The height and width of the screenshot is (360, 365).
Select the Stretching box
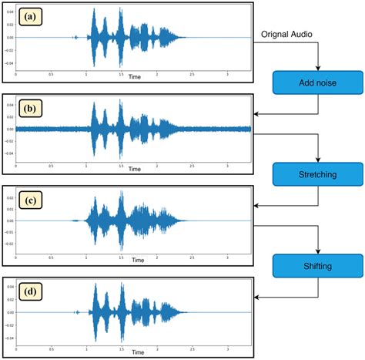(316, 175)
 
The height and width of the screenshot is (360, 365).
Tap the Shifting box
(316, 267)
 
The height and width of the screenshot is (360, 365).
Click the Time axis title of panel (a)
(135, 77)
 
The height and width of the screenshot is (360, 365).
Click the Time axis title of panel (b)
(135, 169)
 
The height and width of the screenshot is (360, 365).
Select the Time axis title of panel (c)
(135, 261)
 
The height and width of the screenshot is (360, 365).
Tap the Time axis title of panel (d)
(135, 353)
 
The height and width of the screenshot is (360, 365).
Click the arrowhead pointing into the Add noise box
(316, 68)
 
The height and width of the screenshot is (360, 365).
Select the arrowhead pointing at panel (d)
(258, 298)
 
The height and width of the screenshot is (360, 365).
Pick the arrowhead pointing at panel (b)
(258, 114)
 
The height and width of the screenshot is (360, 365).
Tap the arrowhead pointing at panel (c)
(258, 206)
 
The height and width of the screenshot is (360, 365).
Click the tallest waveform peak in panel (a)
(94, 10)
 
